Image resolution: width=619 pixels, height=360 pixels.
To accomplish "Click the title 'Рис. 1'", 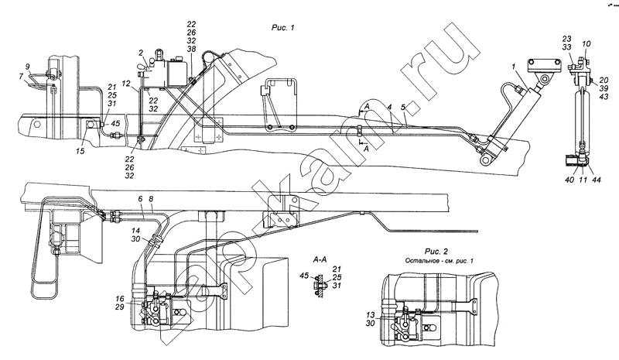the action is click(282, 28).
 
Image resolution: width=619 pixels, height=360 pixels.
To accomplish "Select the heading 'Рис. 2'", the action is click(436, 252).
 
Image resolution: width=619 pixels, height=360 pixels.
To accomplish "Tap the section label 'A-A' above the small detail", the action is click(320, 259).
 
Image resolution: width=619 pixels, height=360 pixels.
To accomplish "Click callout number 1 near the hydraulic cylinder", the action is click(514, 67).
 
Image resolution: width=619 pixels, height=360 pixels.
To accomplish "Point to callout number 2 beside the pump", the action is click(141, 53).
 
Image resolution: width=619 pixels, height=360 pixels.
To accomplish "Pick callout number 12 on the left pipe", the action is click(125, 84).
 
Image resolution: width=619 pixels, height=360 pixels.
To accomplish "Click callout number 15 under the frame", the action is click(80, 151).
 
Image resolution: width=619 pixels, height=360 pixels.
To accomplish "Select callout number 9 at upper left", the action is click(28, 67).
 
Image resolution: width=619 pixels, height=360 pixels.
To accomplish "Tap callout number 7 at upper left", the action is click(21, 76).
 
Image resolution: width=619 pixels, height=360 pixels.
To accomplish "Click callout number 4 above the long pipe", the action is click(389, 107).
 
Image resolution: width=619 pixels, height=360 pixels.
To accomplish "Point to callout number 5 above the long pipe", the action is click(402, 107).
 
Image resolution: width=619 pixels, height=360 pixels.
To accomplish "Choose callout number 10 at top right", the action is click(587, 43).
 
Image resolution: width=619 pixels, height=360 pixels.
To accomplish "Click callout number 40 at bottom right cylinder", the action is click(569, 180).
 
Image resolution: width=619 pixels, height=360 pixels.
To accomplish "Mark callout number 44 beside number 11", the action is click(596, 180).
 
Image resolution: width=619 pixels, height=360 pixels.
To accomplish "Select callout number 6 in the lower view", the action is click(140, 200).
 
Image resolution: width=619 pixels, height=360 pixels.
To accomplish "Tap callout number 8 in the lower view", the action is click(151, 200).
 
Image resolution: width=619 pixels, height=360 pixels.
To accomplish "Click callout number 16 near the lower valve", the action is click(120, 298).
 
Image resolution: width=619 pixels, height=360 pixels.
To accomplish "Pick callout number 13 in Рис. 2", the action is click(370, 315).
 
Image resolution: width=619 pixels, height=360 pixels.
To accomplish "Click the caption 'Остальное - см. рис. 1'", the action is click(439, 261).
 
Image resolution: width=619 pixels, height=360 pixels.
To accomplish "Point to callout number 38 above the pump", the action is click(191, 48).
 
